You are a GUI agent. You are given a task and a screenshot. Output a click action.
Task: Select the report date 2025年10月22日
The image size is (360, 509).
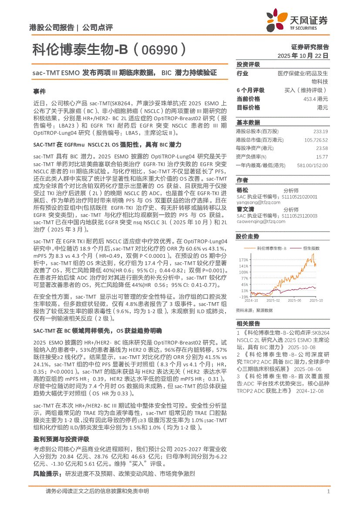pos(304,56)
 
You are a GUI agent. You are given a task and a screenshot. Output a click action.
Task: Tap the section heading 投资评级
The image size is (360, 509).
pos(245,64)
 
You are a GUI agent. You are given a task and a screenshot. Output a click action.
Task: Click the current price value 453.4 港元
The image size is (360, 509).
pos(315,99)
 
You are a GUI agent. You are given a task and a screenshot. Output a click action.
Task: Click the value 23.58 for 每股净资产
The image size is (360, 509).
pos(322,148)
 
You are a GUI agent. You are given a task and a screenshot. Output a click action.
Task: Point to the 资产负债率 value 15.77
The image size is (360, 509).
pos(322,157)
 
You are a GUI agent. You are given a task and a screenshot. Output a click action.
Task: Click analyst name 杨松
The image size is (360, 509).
pos(242,190)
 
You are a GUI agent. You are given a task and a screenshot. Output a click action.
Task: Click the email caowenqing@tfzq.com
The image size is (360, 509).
pos(261,221)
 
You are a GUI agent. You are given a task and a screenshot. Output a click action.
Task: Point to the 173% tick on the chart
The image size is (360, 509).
pos(244,259)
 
